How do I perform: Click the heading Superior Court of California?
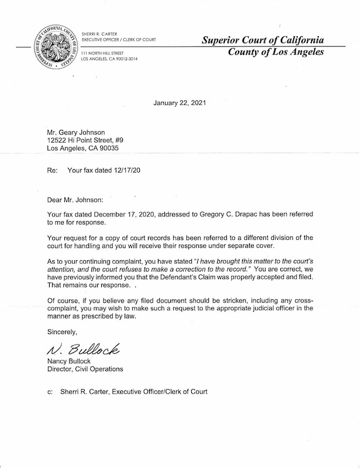click(262, 40)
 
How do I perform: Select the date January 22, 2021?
click(180, 103)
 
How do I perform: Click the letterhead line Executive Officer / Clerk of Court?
click(119, 39)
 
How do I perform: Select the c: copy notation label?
click(50, 392)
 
